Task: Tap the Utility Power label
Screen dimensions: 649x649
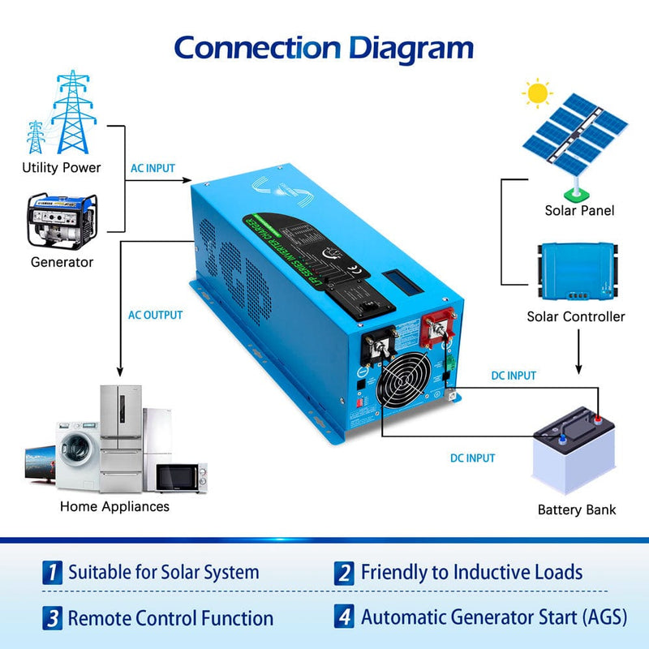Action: click(x=62, y=167)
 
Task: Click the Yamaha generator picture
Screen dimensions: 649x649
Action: click(x=62, y=221)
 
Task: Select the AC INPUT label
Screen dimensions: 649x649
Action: click(x=153, y=168)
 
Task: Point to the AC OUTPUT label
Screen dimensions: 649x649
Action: click(x=156, y=315)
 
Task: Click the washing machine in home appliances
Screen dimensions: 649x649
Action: click(x=77, y=454)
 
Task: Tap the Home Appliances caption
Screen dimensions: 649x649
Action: click(x=114, y=506)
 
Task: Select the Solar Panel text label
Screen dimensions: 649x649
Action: click(x=579, y=210)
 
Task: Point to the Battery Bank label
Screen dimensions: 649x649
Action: click(x=577, y=509)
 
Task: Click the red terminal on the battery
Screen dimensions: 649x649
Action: click(x=597, y=419)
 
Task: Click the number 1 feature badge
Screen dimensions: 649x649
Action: click(x=52, y=572)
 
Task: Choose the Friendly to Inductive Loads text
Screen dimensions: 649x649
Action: click(x=471, y=572)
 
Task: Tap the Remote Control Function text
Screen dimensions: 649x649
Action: click(x=170, y=618)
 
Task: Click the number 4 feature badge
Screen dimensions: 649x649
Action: click(x=345, y=617)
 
